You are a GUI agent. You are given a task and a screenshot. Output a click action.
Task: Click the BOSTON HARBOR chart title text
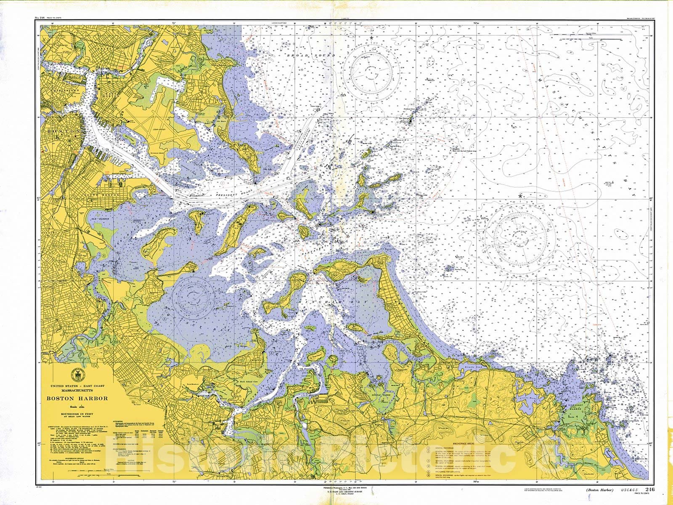pyautogui.click(x=77, y=399)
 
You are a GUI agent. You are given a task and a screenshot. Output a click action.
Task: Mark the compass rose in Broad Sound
pyautogui.click(x=371, y=69)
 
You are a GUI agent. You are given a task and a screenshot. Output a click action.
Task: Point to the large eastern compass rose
pyautogui.click(x=520, y=231)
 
